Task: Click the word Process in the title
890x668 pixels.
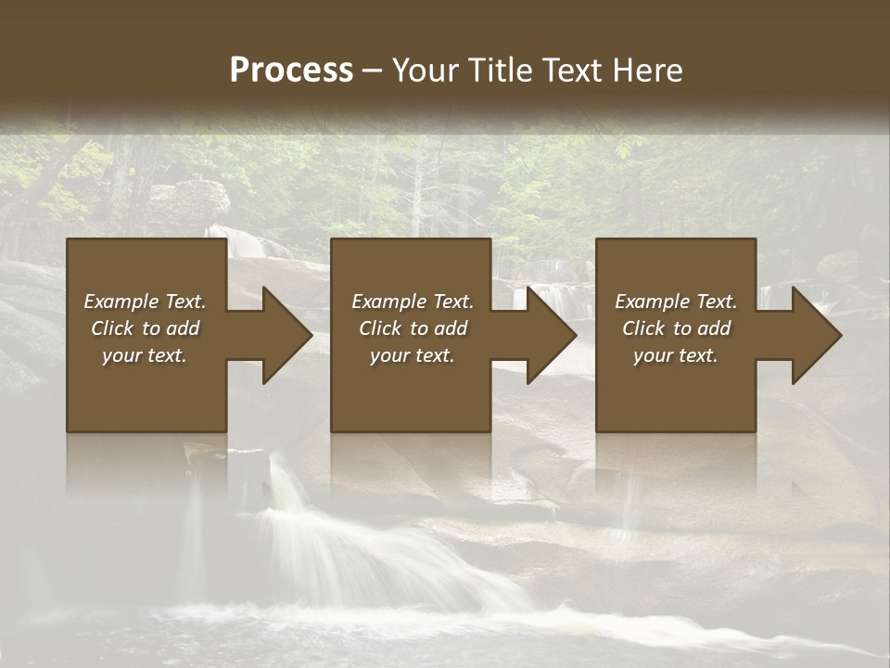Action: tap(291, 71)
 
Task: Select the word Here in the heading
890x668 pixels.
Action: tap(645, 71)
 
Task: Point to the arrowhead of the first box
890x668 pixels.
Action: tap(282, 335)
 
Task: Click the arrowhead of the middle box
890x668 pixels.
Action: tap(547, 335)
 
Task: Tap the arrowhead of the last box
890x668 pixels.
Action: tap(812, 335)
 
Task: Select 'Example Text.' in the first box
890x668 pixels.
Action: tap(145, 302)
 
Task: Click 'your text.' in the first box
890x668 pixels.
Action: tap(145, 355)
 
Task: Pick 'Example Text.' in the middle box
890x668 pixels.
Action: tap(413, 302)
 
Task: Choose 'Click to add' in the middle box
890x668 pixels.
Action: tap(413, 328)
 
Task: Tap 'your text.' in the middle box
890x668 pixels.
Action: tap(413, 355)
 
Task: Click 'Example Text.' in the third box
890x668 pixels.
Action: tap(676, 302)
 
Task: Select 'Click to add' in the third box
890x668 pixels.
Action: tap(676, 328)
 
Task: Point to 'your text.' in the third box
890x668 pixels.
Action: tap(676, 355)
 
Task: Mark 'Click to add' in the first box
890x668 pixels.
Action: tap(145, 328)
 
